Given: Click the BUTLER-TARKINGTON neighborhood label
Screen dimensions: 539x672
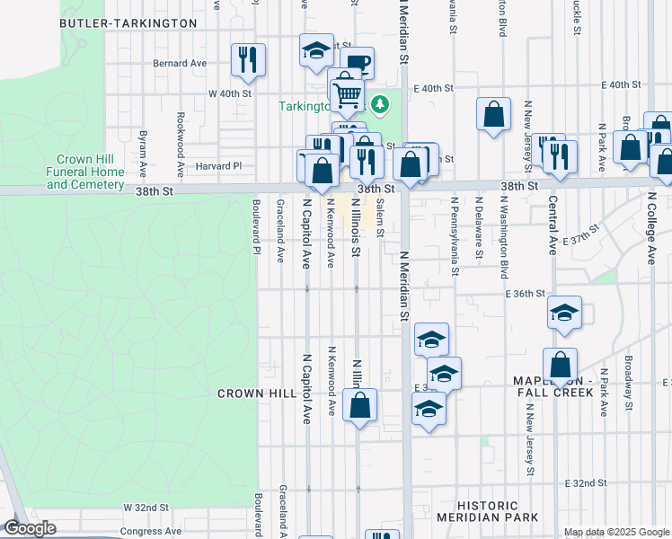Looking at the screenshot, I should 128,22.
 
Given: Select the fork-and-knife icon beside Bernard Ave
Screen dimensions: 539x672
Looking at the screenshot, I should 247,59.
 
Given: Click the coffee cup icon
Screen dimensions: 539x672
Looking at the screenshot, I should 357,61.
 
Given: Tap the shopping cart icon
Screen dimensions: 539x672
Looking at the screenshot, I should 347,93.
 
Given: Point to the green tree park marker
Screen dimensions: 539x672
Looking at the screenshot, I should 381,105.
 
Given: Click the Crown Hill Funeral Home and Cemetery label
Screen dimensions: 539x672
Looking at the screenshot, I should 84,172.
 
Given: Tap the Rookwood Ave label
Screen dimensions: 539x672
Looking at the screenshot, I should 181,131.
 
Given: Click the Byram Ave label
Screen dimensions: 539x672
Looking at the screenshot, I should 143,145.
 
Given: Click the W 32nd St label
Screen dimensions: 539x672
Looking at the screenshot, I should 146,508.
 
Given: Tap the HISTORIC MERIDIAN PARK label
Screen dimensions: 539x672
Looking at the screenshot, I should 488,511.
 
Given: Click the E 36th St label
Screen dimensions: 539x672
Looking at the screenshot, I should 526,294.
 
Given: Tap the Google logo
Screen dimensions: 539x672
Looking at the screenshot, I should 30,528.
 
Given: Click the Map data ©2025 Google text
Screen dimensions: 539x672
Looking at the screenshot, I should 615,532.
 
